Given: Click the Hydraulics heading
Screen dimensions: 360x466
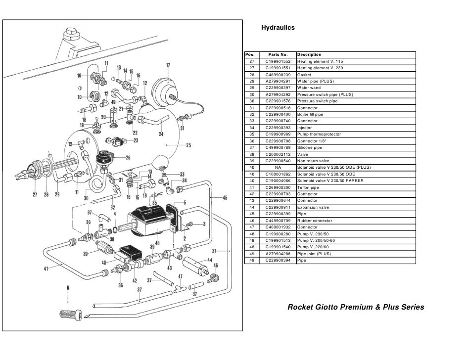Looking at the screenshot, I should click(x=278, y=28).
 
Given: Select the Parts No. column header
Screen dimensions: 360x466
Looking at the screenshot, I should click(x=278, y=54).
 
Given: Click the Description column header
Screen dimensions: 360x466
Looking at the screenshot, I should click(x=309, y=54).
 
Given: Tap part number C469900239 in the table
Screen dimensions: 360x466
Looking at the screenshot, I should click(x=278, y=74).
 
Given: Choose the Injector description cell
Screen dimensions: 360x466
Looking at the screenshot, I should click(x=305, y=128).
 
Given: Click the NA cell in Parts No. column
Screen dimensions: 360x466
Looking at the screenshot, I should click(x=278, y=168).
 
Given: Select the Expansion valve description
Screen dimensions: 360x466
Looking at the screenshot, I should click(x=313, y=208).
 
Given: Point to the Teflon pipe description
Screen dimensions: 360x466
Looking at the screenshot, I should click(x=308, y=187).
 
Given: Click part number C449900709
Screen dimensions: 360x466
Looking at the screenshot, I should click(x=278, y=221).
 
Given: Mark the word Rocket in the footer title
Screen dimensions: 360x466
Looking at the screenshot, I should click(x=301, y=307).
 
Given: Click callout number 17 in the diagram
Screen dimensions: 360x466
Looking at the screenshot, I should click(x=168, y=65).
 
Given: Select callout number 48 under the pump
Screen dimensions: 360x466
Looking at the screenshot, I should click(x=157, y=243).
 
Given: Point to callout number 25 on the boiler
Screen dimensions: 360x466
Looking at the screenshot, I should click(x=188, y=145).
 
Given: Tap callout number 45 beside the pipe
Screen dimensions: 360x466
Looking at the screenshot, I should click(x=225, y=198).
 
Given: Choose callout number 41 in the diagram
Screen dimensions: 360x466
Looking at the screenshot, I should click(x=46, y=270).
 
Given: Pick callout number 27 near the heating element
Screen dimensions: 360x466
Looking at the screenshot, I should click(x=34, y=194).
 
